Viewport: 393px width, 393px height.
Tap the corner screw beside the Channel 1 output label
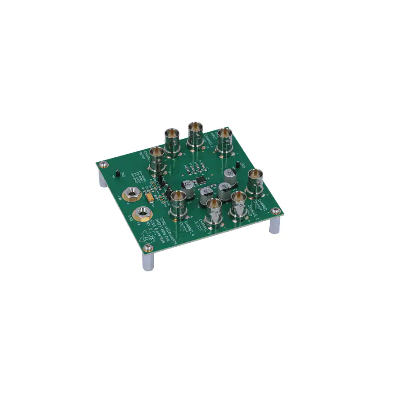[276, 211]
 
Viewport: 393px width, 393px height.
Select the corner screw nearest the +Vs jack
[103, 165]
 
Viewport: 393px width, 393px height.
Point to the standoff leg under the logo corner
[147, 262]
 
